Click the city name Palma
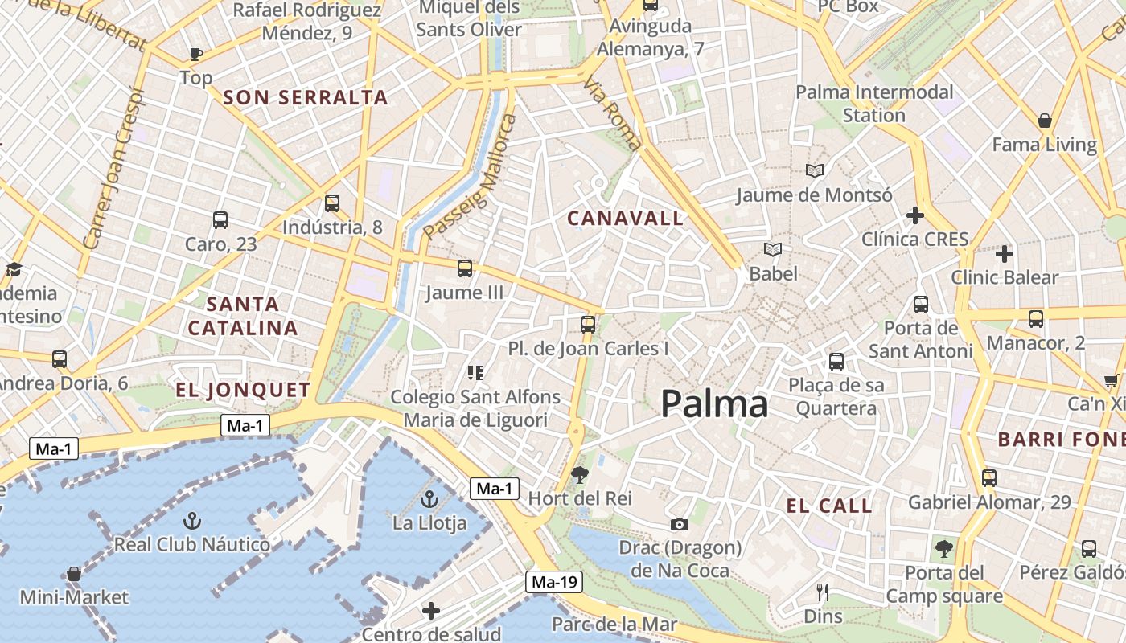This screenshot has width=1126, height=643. point(714,403)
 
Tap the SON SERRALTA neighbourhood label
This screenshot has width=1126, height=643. point(306,98)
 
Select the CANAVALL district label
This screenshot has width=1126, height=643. point(626,218)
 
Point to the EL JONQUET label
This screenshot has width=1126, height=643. point(243,391)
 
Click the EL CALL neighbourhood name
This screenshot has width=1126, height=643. point(829,506)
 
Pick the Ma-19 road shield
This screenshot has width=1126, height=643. point(554,583)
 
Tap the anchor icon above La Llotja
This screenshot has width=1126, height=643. point(429,500)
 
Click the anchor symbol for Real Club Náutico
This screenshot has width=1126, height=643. point(191,521)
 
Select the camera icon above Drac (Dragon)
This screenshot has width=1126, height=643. point(680,525)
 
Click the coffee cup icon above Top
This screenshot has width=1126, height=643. point(195,55)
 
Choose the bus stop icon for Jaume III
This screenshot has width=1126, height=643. point(464,268)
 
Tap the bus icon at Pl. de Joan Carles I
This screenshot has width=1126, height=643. point(588,325)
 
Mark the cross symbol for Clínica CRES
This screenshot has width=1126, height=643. point(914,215)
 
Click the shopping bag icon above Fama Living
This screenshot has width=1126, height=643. point(1044,121)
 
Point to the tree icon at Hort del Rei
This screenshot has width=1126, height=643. point(579,475)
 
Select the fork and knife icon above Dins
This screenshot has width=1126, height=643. point(822,592)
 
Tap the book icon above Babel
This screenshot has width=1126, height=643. point(773,250)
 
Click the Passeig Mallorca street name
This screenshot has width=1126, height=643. point(471,177)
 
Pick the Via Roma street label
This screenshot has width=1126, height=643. point(614,113)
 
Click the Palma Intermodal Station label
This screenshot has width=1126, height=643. point(874,104)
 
